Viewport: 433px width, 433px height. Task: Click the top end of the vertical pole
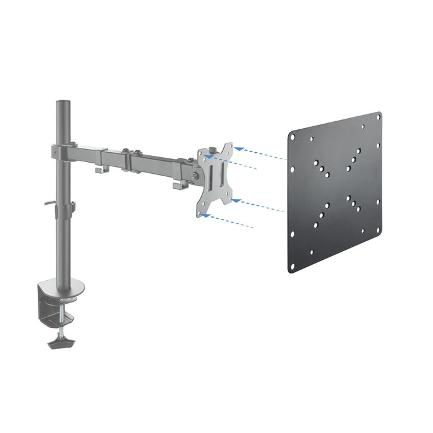point(61,101)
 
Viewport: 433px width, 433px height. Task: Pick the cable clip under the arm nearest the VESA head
point(177,184)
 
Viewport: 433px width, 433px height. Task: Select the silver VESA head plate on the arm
point(215,180)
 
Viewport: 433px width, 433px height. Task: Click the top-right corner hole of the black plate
point(377,117)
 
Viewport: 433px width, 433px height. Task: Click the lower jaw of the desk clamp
point(57,317)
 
